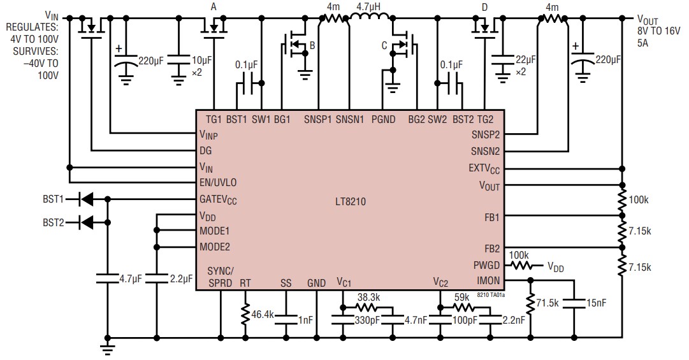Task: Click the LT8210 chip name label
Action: point(349,201)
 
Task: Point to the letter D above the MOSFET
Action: point(485,7)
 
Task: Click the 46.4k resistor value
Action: point(263,314)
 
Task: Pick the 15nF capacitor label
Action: point(597,304)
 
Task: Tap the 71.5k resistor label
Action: point(548,304)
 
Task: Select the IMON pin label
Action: point(488,280)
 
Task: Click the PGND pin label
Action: point(384,118)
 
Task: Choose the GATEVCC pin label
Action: point(219,199)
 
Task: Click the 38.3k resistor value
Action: point(368,296)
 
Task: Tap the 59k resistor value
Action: point(463,296)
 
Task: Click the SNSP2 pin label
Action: point(486,134)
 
